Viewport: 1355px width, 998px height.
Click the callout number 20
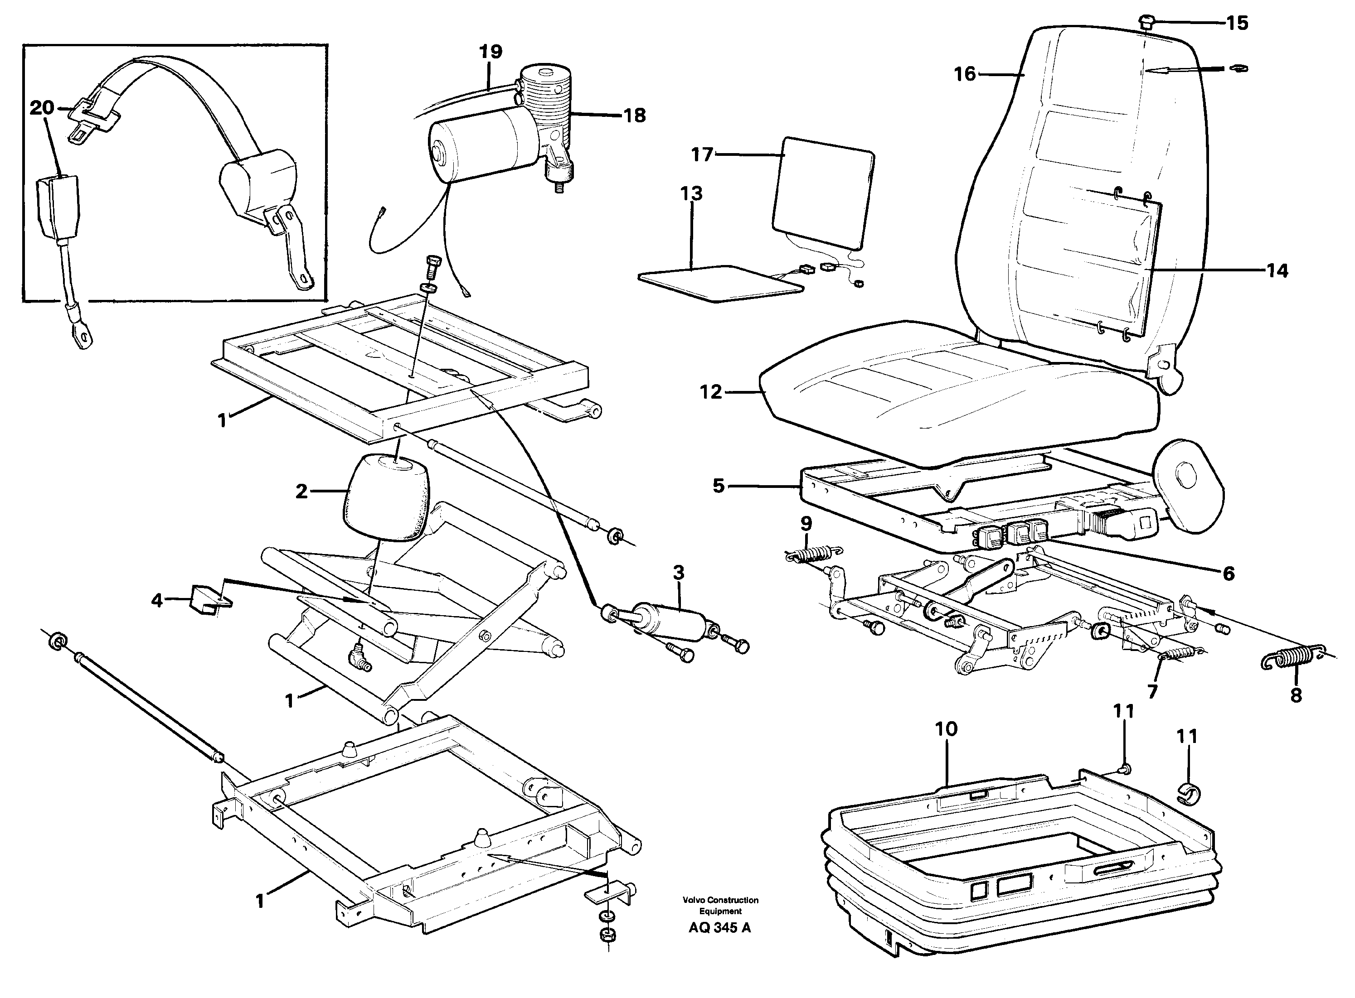click(x=42, y=108)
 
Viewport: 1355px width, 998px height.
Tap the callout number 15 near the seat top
click(x=1237, y=23)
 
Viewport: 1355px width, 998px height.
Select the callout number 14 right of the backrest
click(x=1277, y=270)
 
